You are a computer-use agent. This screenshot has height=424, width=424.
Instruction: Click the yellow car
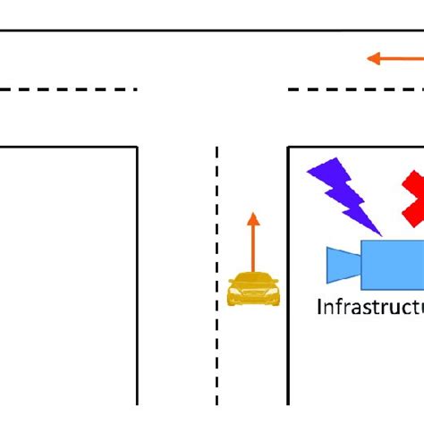click(254, 288)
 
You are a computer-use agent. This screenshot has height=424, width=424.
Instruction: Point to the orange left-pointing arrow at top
click(394, 59)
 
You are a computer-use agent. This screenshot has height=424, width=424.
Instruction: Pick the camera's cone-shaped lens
click(342, 265)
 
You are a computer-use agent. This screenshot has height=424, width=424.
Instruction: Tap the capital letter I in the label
click(320, 308)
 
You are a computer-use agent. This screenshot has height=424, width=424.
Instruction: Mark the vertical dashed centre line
click(216, 268)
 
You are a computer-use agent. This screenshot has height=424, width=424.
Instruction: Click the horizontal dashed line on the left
click(68, 89)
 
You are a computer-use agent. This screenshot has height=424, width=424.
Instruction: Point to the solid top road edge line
click(212, 30)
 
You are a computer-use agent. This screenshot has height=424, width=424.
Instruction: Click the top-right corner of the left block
click(137, 147)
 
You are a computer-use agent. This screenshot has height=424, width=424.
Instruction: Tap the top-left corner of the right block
click(288, 147)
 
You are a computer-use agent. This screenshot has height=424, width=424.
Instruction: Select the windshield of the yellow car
click(254, 281)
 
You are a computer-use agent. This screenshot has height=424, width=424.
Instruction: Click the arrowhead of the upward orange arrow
click(253, 218)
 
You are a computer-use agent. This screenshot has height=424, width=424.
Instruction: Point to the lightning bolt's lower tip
click(379, 234)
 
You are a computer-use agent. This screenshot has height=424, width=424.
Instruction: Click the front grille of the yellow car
click(254, 294)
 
